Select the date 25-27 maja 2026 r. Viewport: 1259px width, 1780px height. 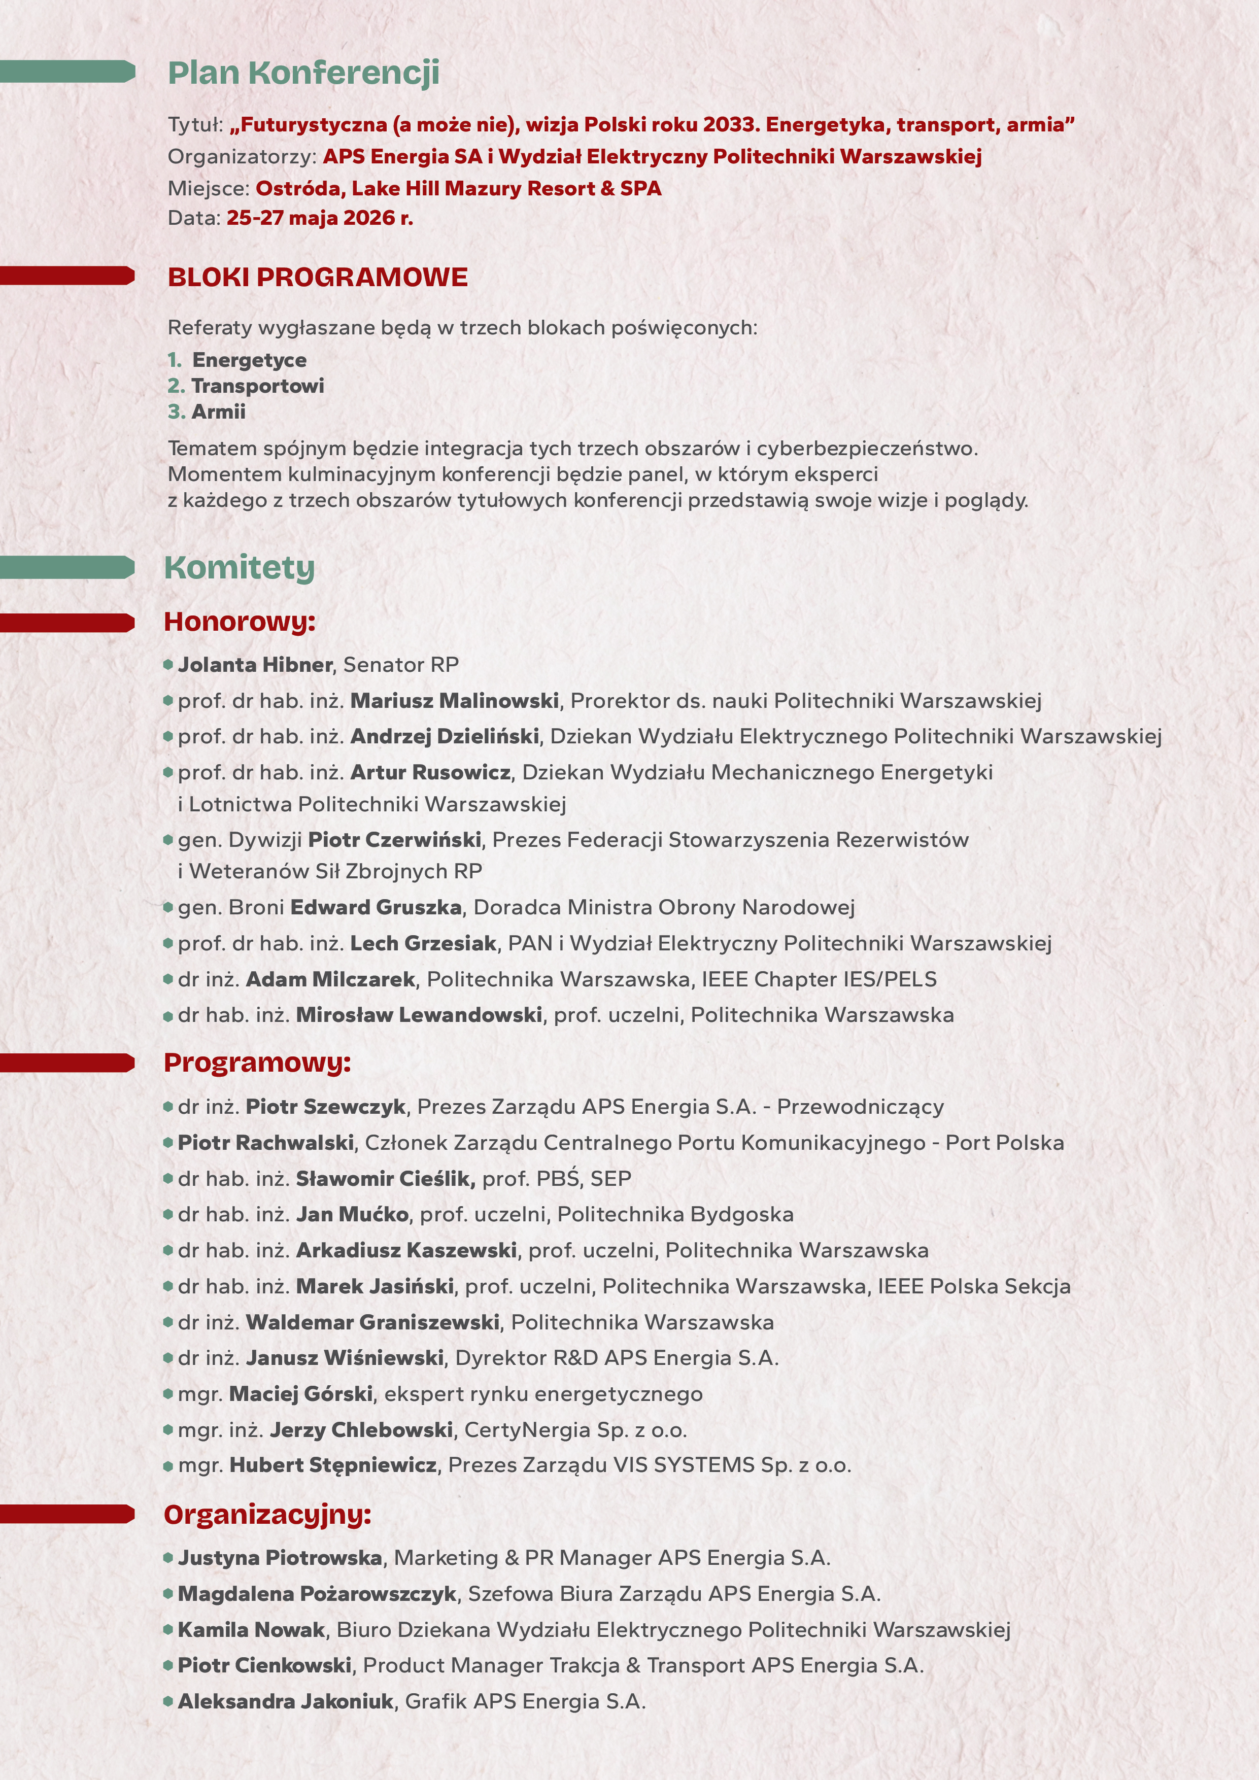pos(319,218)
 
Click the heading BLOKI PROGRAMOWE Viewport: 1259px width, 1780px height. pos(318,278)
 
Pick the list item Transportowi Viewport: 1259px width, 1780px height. pos(257,386)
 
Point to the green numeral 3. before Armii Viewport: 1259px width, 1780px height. pos(177,412)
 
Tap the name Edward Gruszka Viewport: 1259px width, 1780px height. pos(376,907)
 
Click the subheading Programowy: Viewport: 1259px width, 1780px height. pos(257,1062)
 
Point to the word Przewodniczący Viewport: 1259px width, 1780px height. pos(861,1107)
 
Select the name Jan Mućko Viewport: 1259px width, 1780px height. pos(352,1214)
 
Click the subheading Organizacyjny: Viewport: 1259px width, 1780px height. pos(267,1514)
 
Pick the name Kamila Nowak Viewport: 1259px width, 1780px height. pos(251,1630)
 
